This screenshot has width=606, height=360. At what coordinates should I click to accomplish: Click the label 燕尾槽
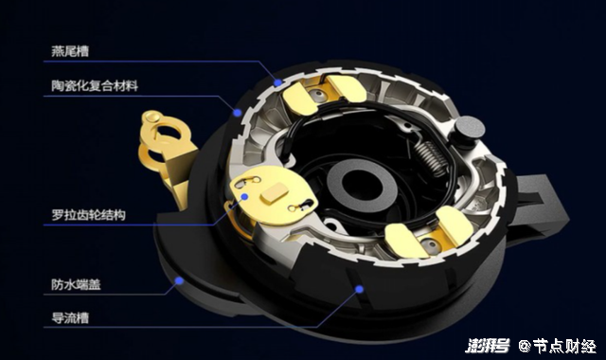pyautogui.click(x=70, y=51)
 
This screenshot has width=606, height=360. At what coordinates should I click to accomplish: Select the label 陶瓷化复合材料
pyautogui.click(x=95, y=85)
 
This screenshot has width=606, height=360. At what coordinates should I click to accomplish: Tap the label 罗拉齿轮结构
pyautogui.click(x=88, y=215)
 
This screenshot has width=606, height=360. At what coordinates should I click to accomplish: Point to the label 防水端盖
pyautogui.click(x=76, y=284)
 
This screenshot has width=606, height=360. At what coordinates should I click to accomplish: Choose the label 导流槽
pyautogui.click(x=70, y=318)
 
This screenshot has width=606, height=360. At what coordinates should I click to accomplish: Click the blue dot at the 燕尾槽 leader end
pyautogui.click(x=277, y=82)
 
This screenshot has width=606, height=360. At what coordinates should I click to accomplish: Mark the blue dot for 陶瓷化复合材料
pyautogui.click(x=238, y=113)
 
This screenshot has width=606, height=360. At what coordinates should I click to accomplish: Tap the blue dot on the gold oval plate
pyautogui.click(x=244, y=196)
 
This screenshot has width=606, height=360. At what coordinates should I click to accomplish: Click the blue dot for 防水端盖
pyautogui.click(x=179, y=280)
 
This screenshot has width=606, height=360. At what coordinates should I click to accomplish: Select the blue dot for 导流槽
pyautogui.click(x=360, y=289)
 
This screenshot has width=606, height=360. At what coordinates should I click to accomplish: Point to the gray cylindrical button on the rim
pyautogui.click(x=470, y=128)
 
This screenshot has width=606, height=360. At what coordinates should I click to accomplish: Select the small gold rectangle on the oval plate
pyautogui.click(x=275, y=192)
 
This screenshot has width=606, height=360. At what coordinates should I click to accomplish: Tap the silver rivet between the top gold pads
pyautogui.click(x=318, y=95)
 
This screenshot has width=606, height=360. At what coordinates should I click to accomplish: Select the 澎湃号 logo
pyautogui.click(x=487, y=345)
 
